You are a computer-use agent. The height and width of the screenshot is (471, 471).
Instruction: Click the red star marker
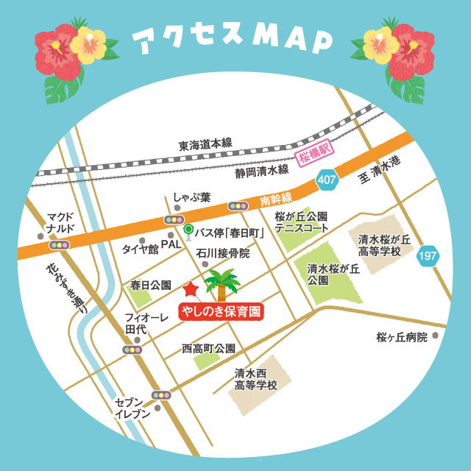[x=191, y=288]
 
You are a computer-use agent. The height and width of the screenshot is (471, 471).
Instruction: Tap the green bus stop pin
[x=188, y=230]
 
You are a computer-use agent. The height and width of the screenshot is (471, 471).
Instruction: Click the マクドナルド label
[x=60, y=222]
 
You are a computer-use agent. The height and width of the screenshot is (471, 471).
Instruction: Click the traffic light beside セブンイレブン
[x=161, y=395]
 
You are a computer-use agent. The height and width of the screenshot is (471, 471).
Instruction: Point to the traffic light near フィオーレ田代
[x=132, y=350]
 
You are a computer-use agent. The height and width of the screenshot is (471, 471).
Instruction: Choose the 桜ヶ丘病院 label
[x=401, y=337]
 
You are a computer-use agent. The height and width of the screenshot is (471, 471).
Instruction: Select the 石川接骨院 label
[x=223, y=253]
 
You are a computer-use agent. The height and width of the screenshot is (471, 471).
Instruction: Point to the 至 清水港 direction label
[x=380, y=174]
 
